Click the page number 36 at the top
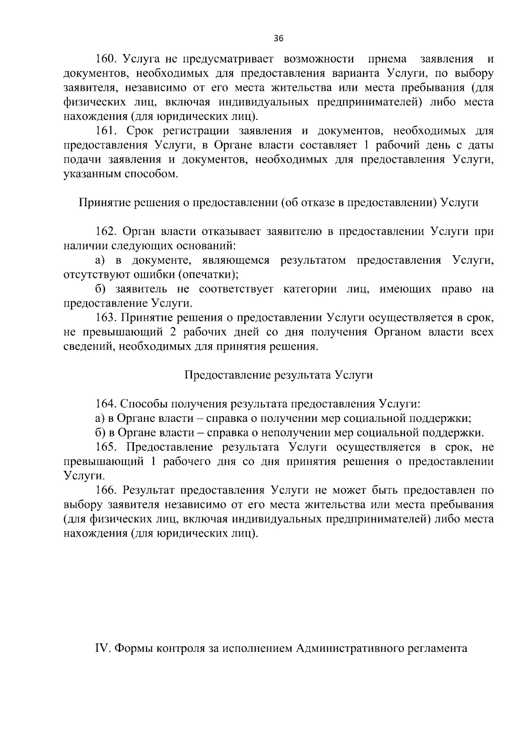(x=278, y=39)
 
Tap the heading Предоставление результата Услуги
(x=278, y=375)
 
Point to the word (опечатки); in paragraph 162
(x=208, y=275)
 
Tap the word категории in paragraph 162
(x=306, y=289)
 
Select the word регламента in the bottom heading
(x=443, y=649)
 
